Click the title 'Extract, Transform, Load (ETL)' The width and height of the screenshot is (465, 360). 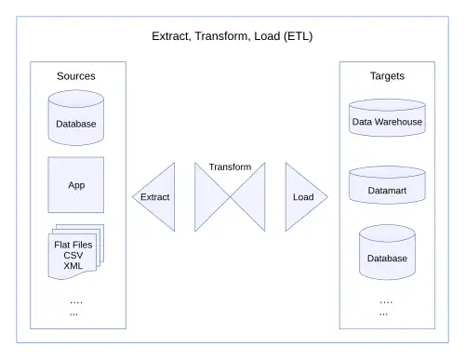[232, 36]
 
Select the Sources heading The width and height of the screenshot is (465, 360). [76, 75]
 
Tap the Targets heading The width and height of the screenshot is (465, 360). [386, 75]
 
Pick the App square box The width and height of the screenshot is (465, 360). [76, 184]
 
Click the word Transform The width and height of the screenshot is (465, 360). [230, 167]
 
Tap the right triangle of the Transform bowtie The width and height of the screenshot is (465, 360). [253, 197]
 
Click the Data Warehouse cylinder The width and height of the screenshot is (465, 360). [387, 120]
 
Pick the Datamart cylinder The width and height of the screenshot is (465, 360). [387, 187]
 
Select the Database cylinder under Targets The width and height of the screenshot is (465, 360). [387, 256]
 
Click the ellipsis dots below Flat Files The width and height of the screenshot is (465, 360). [75, 307]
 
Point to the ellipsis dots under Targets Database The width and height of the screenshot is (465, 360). [386, 307]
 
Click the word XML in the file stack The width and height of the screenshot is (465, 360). [73, 265]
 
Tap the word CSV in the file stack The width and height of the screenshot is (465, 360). [73, 254]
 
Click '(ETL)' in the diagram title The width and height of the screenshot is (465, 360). [294, 36]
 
